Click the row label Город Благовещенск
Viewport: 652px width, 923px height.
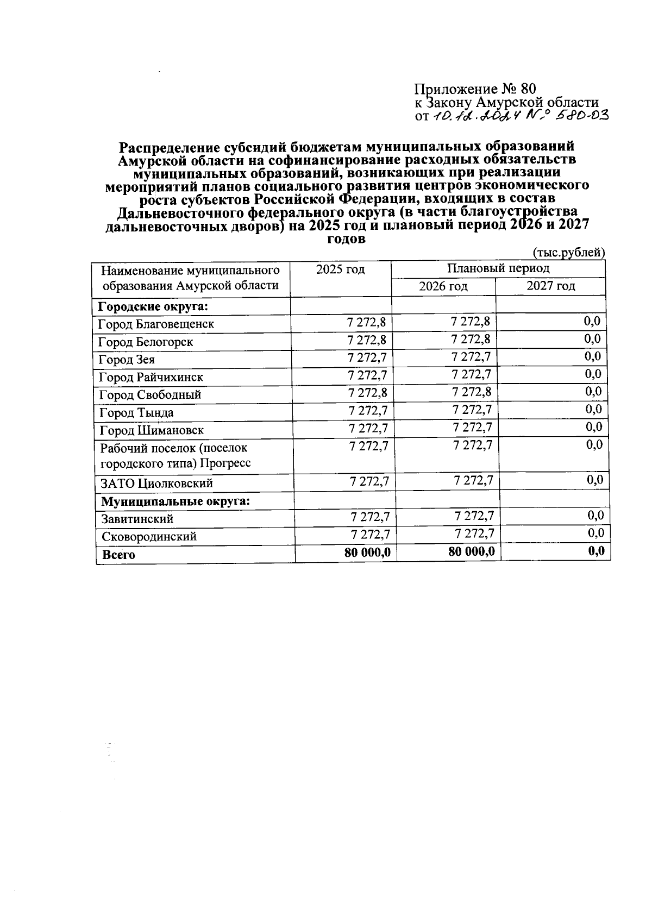pyautogui.click(x=156, y=324)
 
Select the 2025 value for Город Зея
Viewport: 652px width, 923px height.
pyautogui.click(x=366, y=357)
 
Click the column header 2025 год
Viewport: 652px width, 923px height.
pyautogui.click(x=340, y=269)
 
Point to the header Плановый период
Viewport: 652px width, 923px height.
pyautogui.click(x=498, y=268)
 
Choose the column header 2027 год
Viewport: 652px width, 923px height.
pyautogui.click(x=550, y=286)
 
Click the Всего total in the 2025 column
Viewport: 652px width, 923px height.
pyautogui.click(x=367, y=553)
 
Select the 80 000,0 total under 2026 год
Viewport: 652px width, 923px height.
pyautogui.click(x=472, y=552)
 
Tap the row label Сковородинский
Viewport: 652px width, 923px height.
pyautogui.click(x=149, y=537)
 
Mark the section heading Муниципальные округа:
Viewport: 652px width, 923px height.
pyautogui.click(x=175, y=501)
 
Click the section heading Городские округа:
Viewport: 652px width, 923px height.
pyautogui.click(x=153, y=306)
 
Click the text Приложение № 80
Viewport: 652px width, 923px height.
pyautogui.click(x=475, y=89)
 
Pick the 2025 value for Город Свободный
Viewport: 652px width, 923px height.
pyautogui.click(x=367, y=393)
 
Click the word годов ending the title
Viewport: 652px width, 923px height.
pyautogui.click(x=347, y=238)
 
